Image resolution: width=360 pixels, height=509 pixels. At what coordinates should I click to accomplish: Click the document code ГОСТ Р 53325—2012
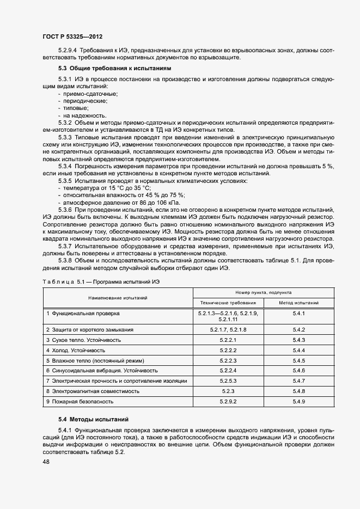point(72,36)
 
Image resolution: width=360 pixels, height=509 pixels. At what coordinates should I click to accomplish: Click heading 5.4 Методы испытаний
point(93,419)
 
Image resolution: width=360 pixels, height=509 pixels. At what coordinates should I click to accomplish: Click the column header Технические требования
point(228,302)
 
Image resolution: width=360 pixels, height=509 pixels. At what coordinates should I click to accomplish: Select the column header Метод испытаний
point(298,302)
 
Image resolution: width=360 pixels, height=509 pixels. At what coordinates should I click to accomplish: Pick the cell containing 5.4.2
point(298,330)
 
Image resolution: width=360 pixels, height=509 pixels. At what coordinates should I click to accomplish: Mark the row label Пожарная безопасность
point(80,401)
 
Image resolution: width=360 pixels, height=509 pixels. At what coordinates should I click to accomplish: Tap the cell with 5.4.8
point(298,391)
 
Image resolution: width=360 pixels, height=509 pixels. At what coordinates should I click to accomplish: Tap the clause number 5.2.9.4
point(69,50)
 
